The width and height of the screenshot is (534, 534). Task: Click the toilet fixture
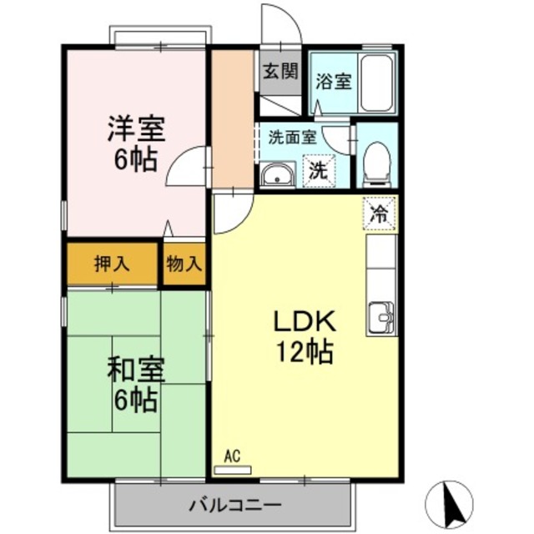(377, 162)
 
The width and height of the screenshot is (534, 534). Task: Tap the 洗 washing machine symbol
(318, 173)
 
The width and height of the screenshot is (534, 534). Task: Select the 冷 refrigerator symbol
(379, 214)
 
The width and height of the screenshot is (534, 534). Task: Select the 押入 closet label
(111, 264)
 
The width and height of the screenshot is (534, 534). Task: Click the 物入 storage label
(183, 264)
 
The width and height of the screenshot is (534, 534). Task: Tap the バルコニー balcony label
(234, 504)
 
